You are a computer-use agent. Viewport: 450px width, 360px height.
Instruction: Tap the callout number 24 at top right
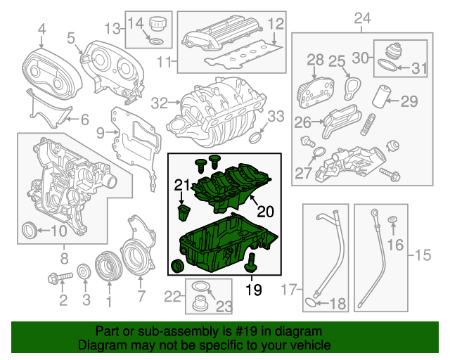click(362, 18)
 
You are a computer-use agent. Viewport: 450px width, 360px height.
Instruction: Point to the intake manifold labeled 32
click(211, 112)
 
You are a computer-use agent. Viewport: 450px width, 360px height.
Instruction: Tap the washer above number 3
click(84, 271)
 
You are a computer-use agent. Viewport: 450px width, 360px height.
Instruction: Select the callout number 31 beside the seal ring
click(419, 68)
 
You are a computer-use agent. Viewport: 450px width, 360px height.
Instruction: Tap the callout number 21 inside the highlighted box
click(182, 185)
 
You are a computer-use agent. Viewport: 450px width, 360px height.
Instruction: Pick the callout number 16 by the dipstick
click(394, 245)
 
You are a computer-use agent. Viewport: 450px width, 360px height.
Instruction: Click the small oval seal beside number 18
click(311, 303)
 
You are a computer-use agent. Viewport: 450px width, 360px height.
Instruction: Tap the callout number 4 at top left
click(41, 29)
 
